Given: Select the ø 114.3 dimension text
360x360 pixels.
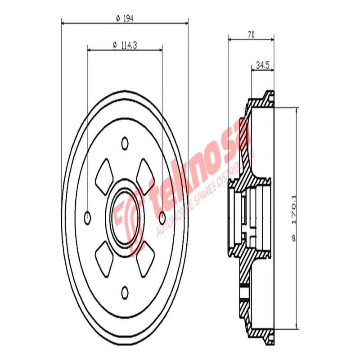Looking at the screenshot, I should [x=124, y=44].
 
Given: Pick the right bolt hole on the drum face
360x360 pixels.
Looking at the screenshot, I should [x=162, y=218].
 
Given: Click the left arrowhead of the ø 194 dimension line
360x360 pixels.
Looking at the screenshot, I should [x=63, y=22].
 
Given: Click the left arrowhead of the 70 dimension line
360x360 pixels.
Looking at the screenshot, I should [x=230, y=40].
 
